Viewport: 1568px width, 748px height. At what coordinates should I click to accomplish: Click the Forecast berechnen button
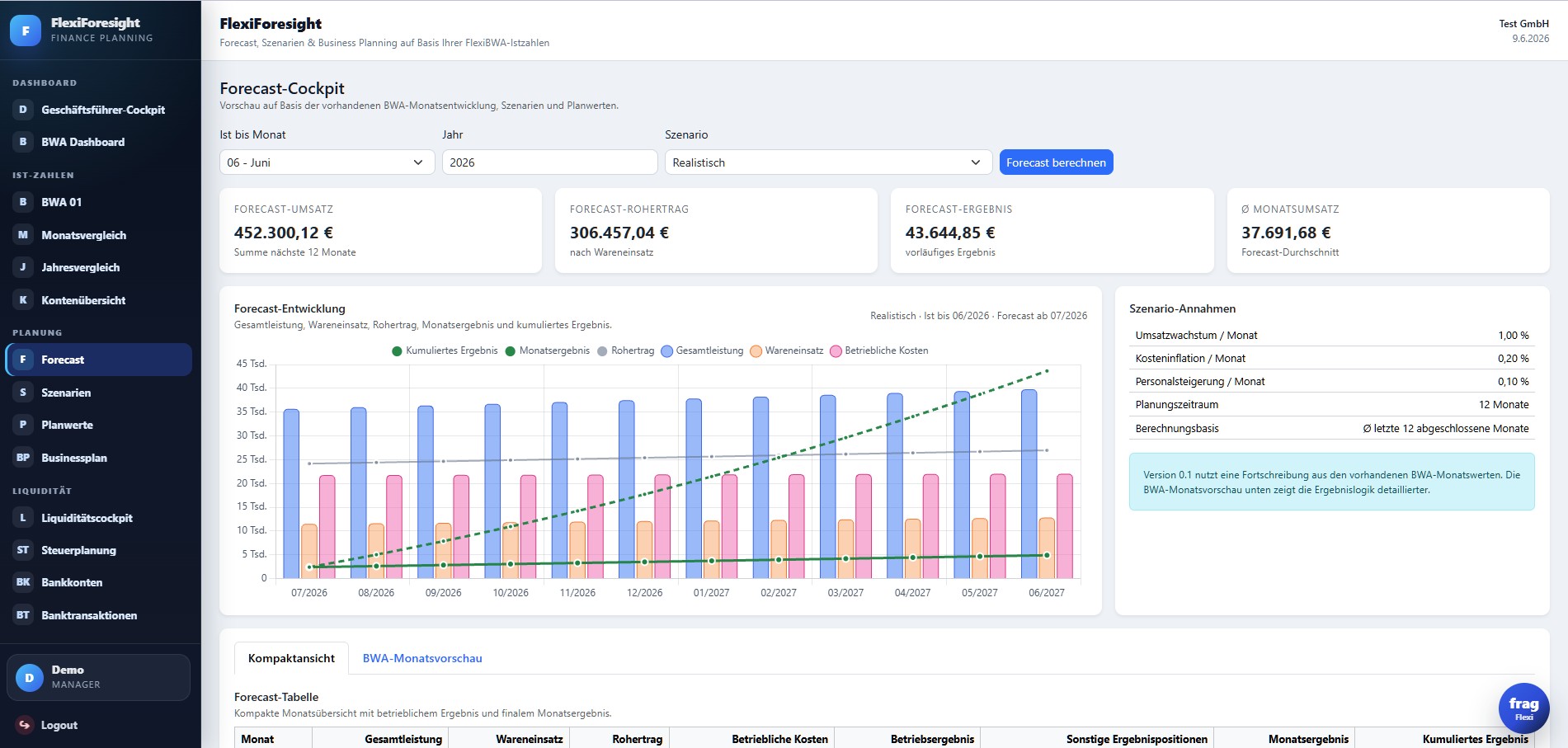tap(1056, 162)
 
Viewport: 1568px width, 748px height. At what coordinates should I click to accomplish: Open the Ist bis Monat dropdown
tap(327, 162)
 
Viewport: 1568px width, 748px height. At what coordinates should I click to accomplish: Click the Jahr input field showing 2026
tap(549, 162)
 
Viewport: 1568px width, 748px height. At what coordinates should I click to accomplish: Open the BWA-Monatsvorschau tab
tap(422, 658)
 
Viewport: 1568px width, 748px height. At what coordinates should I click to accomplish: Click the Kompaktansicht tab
tap(291, 658)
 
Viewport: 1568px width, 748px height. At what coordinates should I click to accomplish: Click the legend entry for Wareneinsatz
tap(787, 350)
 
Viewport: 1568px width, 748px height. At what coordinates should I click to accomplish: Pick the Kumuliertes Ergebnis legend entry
tap(445, 350)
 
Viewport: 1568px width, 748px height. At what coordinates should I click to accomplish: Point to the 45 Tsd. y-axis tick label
tap(252, 364)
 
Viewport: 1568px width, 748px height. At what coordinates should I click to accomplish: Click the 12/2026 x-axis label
tap(644, 593)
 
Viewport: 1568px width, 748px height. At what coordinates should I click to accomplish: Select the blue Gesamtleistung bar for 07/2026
tap(291, 494)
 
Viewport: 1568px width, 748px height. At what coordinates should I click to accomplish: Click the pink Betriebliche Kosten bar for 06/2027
tap(1065, 526)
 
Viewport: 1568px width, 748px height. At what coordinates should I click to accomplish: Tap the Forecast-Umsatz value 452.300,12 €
tap(284, 233)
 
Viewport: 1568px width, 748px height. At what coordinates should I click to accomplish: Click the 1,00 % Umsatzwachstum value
tap(1514, 336)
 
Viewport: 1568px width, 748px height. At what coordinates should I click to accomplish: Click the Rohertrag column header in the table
tap(637, 739)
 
